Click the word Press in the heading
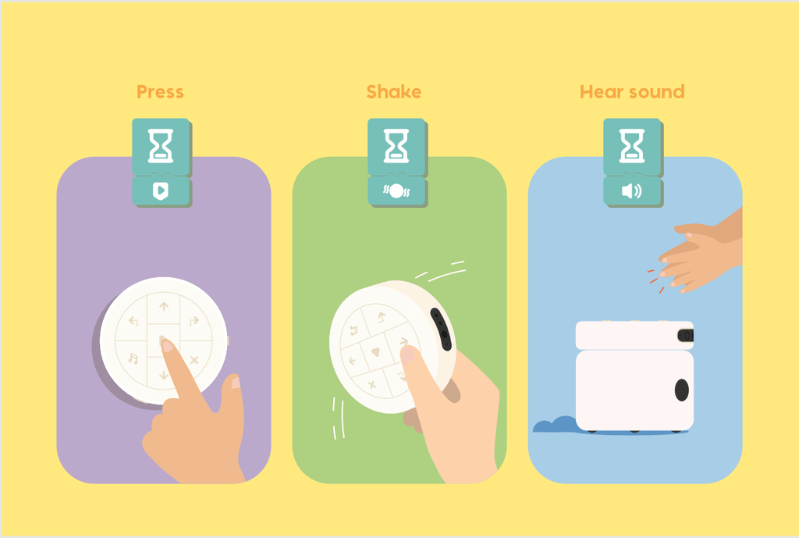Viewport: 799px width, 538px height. pos(160,92)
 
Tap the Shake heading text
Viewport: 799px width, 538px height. pos(394,92)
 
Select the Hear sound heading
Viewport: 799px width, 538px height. pos(632,92)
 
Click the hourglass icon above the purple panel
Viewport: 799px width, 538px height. pos(161,146)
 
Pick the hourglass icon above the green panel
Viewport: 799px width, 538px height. pos(396,146)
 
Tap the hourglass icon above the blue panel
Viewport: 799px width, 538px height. pos(632,146)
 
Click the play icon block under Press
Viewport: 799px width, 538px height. pos(161,191)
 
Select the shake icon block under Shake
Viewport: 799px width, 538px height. pos(396,191)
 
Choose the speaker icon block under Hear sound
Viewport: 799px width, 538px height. pos(632,191)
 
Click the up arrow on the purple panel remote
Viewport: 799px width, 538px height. pos(164,306)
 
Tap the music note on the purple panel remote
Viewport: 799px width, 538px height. pos(133,358)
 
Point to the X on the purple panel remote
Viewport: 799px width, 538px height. pos(194,360)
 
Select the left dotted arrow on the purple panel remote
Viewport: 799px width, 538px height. pos(133,321)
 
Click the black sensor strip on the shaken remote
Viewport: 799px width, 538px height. pos(442,330)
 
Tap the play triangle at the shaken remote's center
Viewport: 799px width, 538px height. pos(375,351)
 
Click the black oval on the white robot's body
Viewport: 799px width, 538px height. pos(682,390)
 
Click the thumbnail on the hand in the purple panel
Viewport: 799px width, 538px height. pos(236,382)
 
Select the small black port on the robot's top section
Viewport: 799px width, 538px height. pos(686,336)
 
